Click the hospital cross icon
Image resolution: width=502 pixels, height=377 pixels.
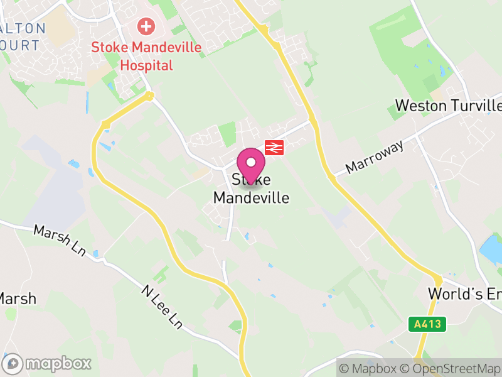coord(146,26)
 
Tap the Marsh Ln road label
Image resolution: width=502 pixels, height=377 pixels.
coord(60,240)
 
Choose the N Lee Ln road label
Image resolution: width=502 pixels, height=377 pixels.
coord(162,307)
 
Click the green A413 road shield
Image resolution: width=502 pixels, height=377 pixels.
coord(429,324)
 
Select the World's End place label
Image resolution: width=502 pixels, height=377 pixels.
coord(464,293)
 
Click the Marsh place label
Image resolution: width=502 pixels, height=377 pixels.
coord(18,298)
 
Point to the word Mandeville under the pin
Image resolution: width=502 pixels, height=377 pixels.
coord(251,197)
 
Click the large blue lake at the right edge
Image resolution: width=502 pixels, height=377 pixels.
coord(491,249)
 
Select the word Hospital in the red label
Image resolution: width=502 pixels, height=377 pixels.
coord(146,64)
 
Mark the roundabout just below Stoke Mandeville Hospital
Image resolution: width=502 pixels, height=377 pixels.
coord(149,96)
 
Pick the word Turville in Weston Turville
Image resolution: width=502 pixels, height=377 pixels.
coord(476,105)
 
